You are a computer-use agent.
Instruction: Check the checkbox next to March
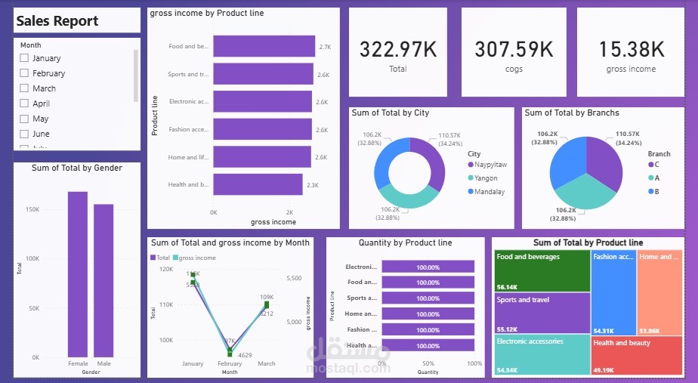[x=24, y=88]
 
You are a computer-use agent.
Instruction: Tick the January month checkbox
[x=24, y=58]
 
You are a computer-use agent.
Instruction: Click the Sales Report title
[x=57, y=20]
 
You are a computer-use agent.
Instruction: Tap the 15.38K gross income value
[x=631, y=50]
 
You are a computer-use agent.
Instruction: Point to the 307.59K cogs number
[x=514, y=50]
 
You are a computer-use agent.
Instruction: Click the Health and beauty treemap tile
[x=638, y=354]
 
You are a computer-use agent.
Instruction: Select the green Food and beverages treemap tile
[x=542, y=270]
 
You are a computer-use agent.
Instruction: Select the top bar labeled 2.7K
[x=264, y=46]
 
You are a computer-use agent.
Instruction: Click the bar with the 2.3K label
[x=258, y=184]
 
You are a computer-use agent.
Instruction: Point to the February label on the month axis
[x=230, y=363]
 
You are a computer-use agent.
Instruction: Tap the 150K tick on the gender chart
[x=32, y=208]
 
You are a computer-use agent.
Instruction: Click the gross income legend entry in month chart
[x=196, y=258]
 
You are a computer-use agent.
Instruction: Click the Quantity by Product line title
[x=405, y=242]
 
